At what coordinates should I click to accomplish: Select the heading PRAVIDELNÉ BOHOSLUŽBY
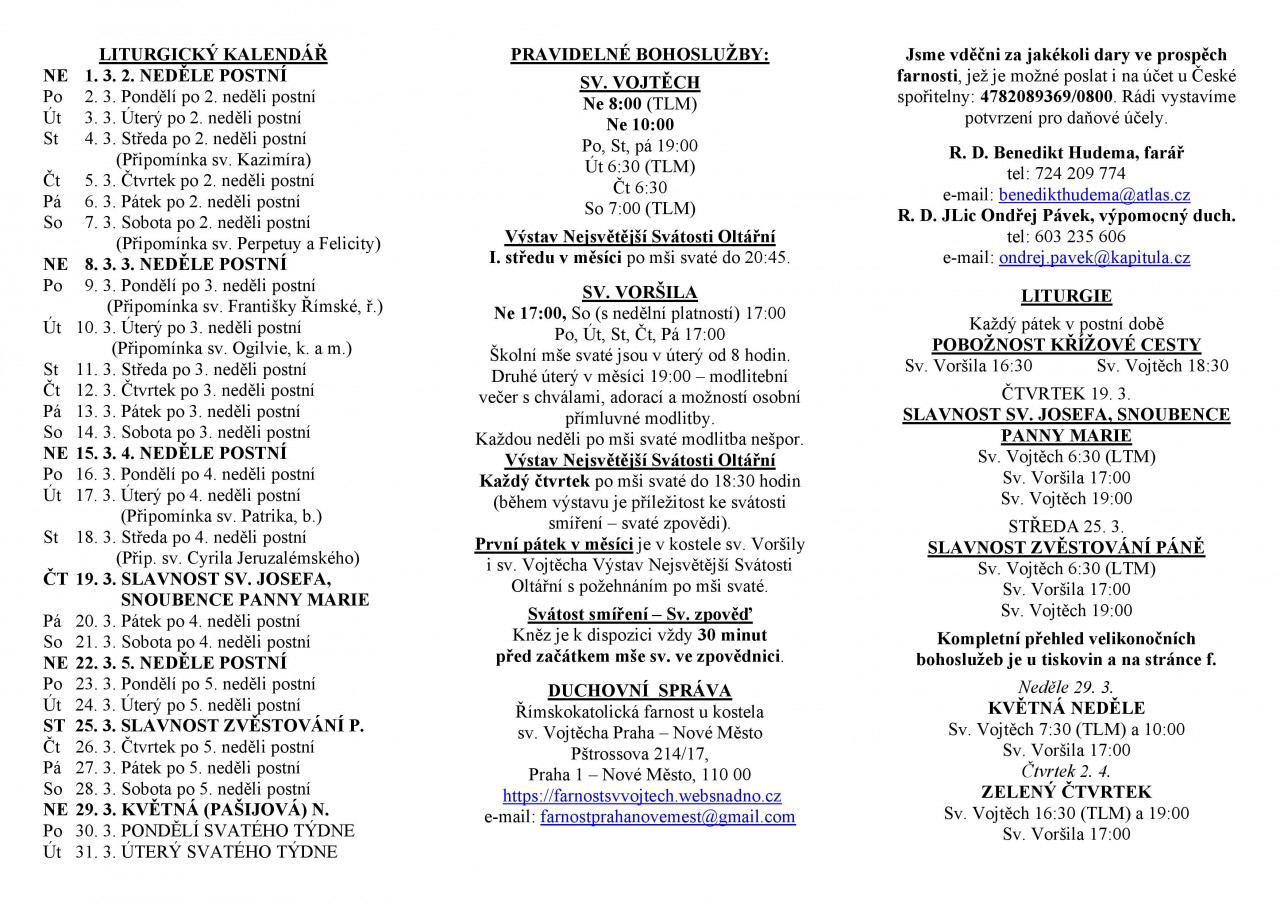click(x=639, y=55)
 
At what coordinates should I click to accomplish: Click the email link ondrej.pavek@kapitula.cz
click(x=1094, y=258)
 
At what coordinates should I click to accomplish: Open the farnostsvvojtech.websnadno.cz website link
click(x=641, y=796)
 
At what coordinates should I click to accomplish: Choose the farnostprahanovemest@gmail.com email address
click(x=668, y=817)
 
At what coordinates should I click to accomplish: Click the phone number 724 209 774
click(x=1066, y=174)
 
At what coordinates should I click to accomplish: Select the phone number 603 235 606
click(x=1066, y=237)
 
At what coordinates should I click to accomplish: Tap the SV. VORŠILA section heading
click(x=640, y=291)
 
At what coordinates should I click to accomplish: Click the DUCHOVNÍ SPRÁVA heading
click(x=640, y=690)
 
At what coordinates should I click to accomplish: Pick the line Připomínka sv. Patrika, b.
click(x=221, y=516)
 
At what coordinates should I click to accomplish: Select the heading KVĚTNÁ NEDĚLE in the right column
click(x=1066, y=708)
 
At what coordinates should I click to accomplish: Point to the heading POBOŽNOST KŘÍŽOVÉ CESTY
click(x=1066, y=345)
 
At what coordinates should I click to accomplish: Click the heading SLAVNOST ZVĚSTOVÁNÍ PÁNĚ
click(x=1066, y=547)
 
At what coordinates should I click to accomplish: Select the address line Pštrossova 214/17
click(x=640, y=753)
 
